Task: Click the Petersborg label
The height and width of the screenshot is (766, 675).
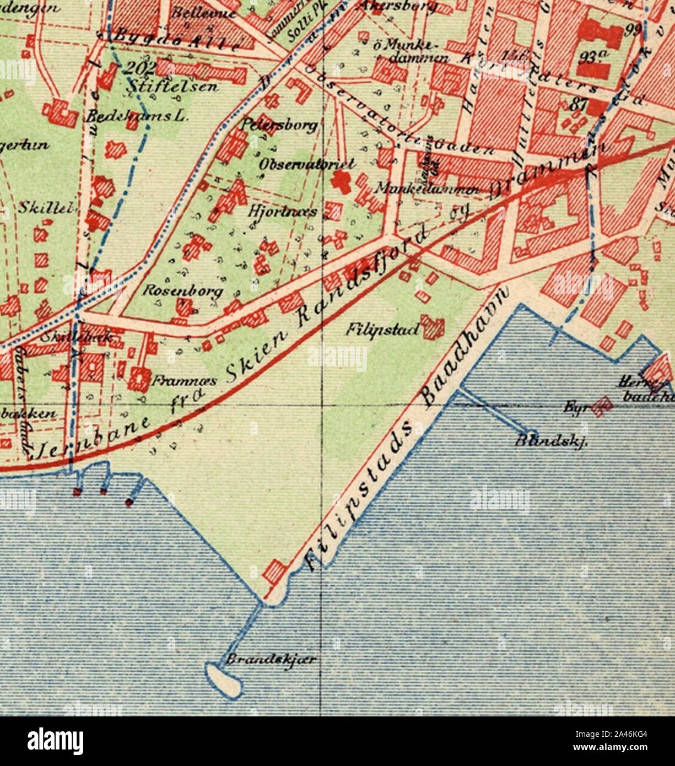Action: coord(280,126)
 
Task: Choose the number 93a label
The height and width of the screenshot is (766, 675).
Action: coord(592,57)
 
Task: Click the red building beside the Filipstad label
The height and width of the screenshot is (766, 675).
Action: coord(432,327)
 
